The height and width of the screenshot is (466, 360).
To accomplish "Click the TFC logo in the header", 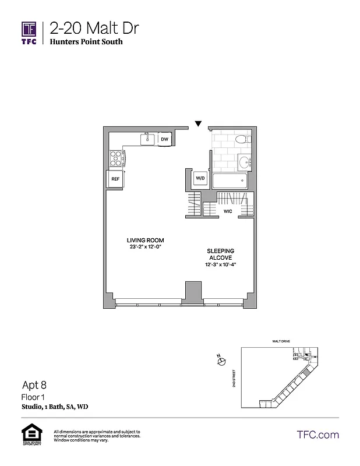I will [x=29, y=32].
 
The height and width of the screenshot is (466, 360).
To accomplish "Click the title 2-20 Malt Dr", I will [x=94, y=27].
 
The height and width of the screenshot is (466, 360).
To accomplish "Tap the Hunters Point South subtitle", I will [x=86, y=42].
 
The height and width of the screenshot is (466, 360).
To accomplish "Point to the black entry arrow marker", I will [x=199, y=123].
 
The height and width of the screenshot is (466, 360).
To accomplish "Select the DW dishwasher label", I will [x=165, y=139].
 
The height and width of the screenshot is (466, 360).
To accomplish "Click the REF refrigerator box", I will [x=115, y=179].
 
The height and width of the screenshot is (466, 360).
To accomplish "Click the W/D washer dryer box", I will [x=200, y=178].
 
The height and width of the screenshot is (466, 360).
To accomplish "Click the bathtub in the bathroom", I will [x=230, y=181].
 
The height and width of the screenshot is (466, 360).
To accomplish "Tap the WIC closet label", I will [x=228, y=211].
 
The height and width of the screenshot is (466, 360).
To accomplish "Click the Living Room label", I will [x=146, y=240].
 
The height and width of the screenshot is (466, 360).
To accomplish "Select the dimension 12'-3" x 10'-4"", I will [x=221, y=264].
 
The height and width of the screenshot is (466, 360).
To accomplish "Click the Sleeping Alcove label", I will [x=221, y=254].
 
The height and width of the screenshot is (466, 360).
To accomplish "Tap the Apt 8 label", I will [x=34, y=384].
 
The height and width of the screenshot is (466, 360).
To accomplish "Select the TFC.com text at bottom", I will [x=317, y=435].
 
